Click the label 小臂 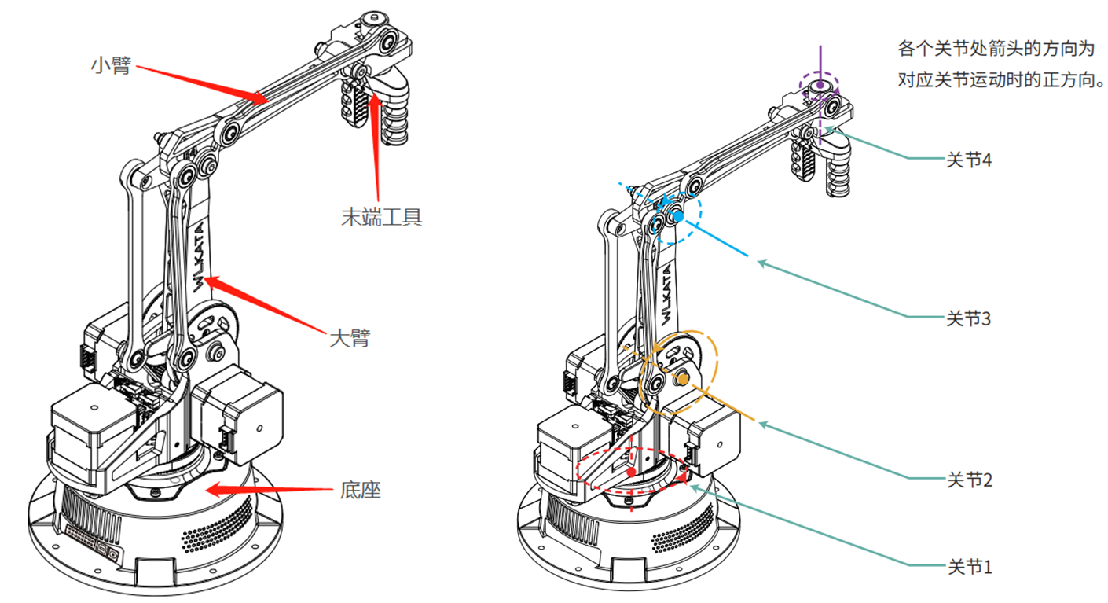click(111, 65)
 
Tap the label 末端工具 click(381, 217)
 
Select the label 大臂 click(350, 338)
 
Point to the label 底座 click(360, 490)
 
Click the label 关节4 click(968, 160)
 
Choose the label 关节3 click(968, 318)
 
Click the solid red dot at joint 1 click(631, 472)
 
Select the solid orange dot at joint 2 click(683, 380)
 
